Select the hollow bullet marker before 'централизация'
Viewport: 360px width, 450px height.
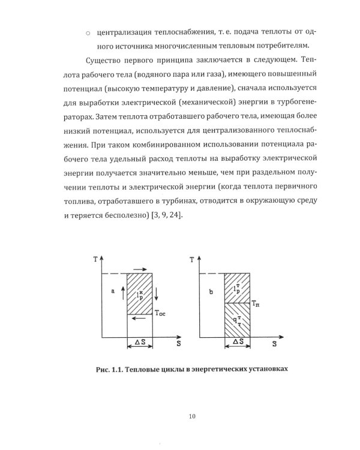[88, 33]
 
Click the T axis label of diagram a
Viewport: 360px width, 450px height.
[96, 259]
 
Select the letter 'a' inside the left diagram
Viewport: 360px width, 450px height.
[112, 290]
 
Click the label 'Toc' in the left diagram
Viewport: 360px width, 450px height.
[161, 312]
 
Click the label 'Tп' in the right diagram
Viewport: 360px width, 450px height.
[256, 305]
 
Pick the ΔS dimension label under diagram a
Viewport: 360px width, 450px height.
[139, 341]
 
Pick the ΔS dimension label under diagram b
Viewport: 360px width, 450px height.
[237, 341]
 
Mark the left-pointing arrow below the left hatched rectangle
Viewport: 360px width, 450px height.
[139, 319]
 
